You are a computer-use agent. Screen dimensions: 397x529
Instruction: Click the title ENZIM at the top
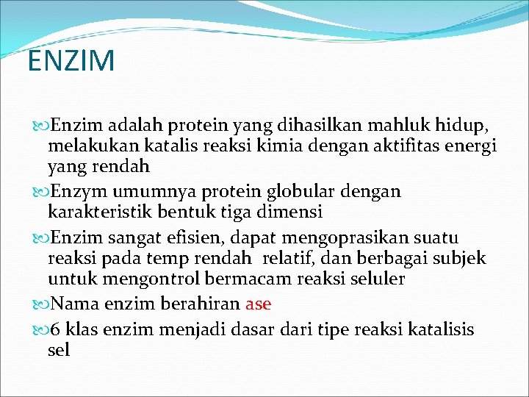[x=71, y=61]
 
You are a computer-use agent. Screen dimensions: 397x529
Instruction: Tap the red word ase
[x=259, y=304]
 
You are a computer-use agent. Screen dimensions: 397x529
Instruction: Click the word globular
[x=281, y=193]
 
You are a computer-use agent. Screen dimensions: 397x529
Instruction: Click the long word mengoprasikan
[x=348, y=239]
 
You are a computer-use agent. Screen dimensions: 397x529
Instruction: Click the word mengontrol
[x=141, y=279]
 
